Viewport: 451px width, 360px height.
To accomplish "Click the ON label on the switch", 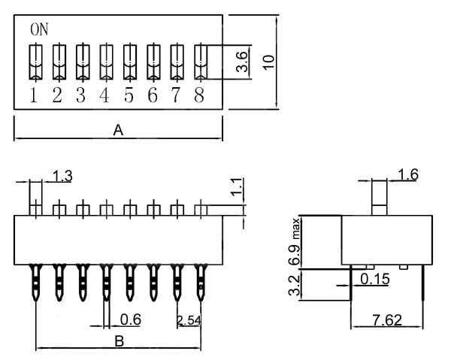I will coord(39,29).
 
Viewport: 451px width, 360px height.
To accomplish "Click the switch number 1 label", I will coord(34,95).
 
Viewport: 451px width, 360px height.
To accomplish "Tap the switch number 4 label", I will coord(104,95).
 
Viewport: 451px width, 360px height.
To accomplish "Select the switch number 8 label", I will coord(199,95).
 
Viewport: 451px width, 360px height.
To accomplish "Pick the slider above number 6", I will coord(153,62).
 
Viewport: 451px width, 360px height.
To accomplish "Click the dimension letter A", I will coord(118,130).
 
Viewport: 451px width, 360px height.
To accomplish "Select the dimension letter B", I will coord(118,340).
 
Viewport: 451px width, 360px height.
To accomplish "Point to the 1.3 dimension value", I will coord(62,177).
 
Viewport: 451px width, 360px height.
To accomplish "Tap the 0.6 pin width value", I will coord(131,319).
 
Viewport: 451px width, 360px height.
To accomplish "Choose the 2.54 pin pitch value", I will coord(189,321).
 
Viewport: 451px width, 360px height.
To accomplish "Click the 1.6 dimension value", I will coord(408,175).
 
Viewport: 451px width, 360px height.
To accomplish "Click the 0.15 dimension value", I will coord(374,280).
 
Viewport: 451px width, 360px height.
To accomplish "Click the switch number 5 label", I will coord(129,95).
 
